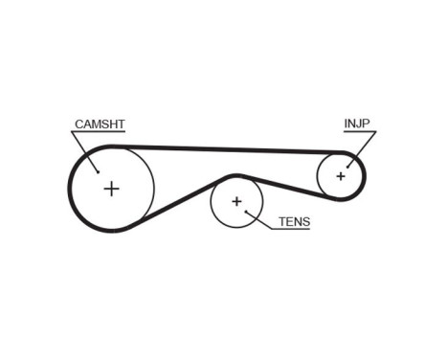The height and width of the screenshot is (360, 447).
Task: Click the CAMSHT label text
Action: tap(100, 124)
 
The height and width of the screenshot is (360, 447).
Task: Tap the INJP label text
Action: tap(357, 124)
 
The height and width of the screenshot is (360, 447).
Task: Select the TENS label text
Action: tap(294, 221)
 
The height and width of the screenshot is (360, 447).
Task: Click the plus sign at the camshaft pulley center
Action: tap(112, 188)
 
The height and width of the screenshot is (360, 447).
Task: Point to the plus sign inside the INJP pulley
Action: tap(341, 176)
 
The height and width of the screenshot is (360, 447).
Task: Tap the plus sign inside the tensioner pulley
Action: tap(235, 203)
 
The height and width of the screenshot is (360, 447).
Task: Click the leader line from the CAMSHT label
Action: tap(86, 149)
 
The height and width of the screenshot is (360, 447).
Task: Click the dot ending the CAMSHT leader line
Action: tap(99, 171)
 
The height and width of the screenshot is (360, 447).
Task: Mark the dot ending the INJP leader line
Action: tap(349, 164)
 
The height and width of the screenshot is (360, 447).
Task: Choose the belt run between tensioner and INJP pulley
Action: tap(287, 188)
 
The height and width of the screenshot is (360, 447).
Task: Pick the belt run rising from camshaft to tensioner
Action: tap(177, 204)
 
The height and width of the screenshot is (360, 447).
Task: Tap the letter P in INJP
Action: tap(367, 124)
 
